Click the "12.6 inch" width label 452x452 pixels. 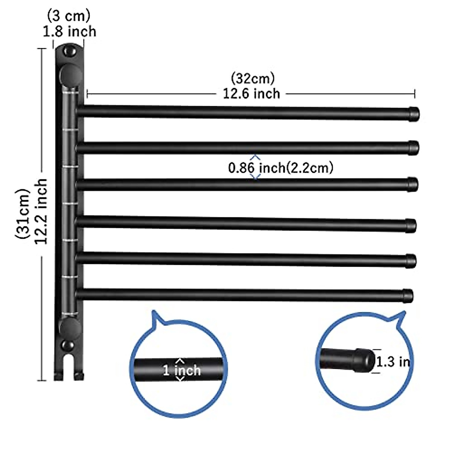[251, 93]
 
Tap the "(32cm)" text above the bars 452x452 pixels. [252, 78]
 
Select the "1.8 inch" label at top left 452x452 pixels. [69, 31]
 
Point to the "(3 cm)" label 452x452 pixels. [69, 16]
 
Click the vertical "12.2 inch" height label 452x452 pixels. [41, 211]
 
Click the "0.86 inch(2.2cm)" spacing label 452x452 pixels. [281, 167]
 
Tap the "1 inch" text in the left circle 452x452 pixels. [182, 370]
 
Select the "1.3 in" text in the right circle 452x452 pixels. [393, 362]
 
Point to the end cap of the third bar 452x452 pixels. [413, 184]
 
